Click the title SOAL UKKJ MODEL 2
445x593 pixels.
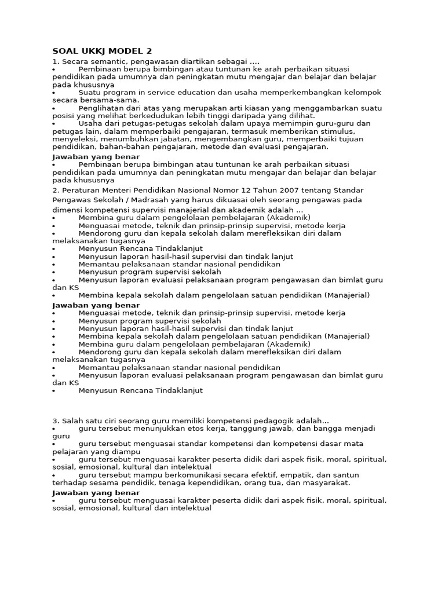pyautogui.click(x=102, y=51)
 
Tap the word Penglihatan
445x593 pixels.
pyautogui.click(x=100, y=108)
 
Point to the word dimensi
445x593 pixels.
pyautogui.click(x=67, y=210)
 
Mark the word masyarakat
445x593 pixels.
pyautogui.click(x=327, y=482)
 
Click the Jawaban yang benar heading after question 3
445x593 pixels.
pyautogui.click(x=96, y=493)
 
